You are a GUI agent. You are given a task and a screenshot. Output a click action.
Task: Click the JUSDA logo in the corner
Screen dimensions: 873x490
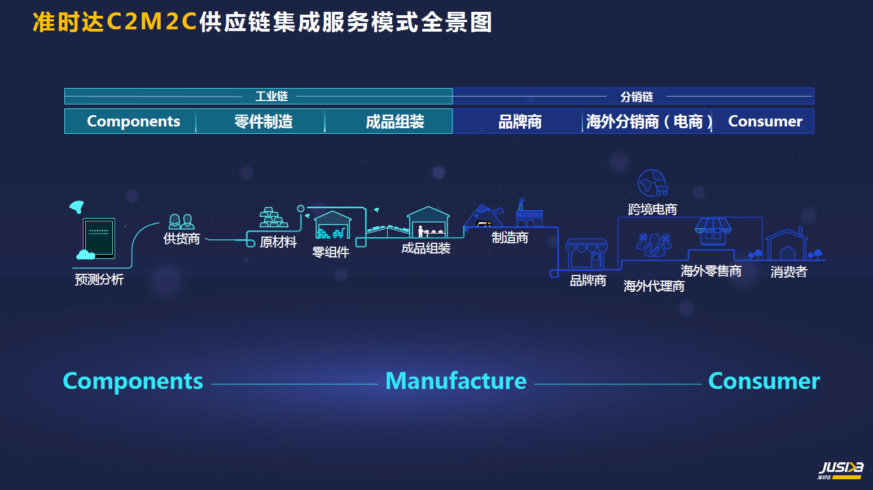[840, 470]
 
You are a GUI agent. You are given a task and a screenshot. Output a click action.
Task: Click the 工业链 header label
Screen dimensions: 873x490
[271, 97]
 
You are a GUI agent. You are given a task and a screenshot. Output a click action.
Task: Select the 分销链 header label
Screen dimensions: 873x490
[637, 97]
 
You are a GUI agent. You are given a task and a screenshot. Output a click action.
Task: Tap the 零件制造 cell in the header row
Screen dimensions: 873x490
[264, 121]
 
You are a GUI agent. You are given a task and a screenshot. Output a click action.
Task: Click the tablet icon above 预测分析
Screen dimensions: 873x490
[99, 238]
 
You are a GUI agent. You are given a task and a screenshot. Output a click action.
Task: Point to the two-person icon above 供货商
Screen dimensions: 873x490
[181, 221]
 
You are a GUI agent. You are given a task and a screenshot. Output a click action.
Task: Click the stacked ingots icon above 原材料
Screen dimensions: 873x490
[274, 217]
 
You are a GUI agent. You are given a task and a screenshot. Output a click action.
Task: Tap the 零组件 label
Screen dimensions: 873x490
[331, 252]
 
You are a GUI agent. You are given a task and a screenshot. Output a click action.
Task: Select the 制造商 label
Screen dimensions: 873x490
[510, 238]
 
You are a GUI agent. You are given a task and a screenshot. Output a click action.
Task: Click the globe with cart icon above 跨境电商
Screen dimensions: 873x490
[653, 183]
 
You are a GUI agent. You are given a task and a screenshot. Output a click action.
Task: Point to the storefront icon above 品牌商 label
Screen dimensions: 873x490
[586, 253]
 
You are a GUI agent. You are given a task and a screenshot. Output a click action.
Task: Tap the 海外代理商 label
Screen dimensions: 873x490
[654, 286]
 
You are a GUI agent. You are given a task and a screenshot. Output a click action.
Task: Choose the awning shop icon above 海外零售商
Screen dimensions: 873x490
[713, 231]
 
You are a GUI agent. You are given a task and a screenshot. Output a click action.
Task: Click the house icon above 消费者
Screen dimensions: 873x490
[787, 244]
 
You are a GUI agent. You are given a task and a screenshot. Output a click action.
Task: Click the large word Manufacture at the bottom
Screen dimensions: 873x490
[456, 381]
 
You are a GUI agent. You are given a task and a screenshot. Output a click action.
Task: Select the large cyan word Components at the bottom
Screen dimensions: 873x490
[133, 382]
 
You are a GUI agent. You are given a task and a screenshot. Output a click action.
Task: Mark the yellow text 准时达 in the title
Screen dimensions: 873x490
[68, 22]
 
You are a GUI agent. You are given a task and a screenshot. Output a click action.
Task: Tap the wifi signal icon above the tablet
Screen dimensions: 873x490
[77, 207]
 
